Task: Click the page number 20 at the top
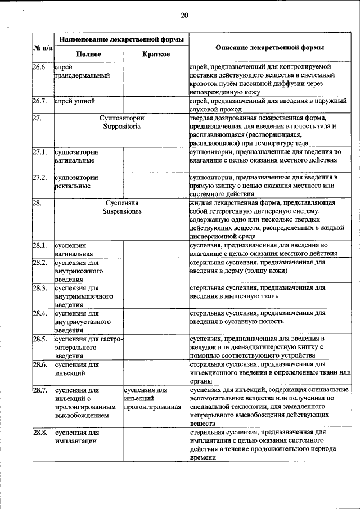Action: [x=184, y=15]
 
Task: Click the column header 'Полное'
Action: [x=88, y=55]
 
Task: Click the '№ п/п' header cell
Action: [x=42, y=48]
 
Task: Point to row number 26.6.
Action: [x=39, y=67]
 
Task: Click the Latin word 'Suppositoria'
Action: [x=122, y=127]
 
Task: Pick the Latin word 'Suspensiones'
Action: [x=122, y=211]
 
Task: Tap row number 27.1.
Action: [x=39, y=152]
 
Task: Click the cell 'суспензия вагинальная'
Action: [x=73, y=250]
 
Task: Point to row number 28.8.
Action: [x=39, y=433]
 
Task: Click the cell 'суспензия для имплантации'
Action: [x=78, y=437]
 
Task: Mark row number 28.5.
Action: [x=39, y=339]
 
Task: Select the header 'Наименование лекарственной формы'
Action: [x=121, y=40]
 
